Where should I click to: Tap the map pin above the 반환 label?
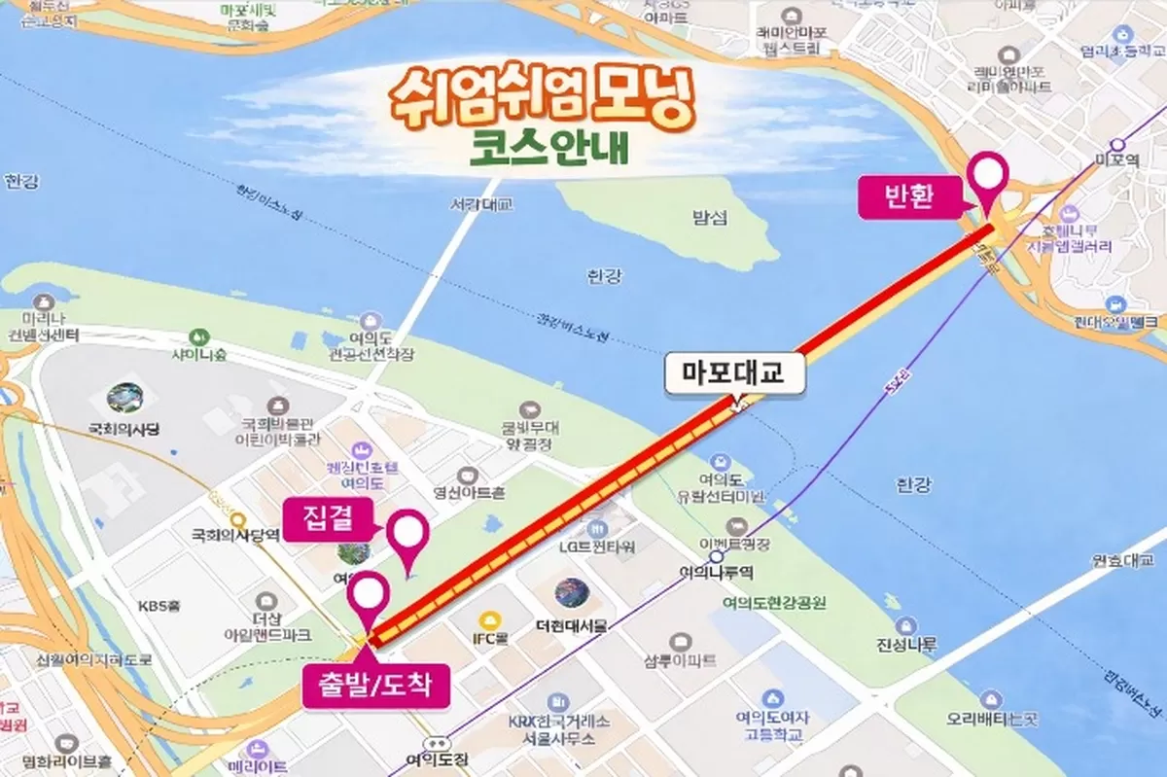coord(990,181)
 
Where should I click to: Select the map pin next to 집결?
coord(407,537)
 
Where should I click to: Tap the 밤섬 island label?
coord(709,218)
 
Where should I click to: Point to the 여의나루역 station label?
coord(720,573)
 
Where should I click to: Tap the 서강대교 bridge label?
coord(481,205)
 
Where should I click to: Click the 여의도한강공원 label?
coord(774,604)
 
